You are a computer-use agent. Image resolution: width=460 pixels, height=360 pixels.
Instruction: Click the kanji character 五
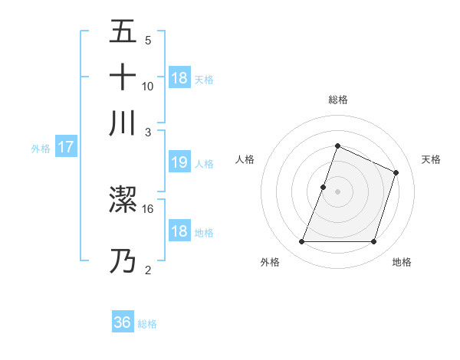click(123, 32)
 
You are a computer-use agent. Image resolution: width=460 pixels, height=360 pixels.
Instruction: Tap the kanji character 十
click(123, 77)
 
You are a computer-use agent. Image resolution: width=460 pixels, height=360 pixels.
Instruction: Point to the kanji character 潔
click(123, 200)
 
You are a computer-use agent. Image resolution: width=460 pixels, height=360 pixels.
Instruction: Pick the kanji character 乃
click(123, 261)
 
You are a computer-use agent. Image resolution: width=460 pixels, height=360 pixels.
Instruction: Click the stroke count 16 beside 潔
click(148, 208)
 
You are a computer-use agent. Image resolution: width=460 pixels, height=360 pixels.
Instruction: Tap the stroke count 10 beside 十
click(148, 86)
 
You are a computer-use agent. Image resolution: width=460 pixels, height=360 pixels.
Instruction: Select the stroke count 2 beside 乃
click(148, 270)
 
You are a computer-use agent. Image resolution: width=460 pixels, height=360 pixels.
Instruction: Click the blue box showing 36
click(123, 322)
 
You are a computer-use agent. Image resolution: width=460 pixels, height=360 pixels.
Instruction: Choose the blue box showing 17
click(65, 147)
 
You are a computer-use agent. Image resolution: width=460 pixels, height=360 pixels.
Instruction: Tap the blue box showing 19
click(179, 162)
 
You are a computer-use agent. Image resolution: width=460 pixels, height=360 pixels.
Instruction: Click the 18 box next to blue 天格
click(179, 78)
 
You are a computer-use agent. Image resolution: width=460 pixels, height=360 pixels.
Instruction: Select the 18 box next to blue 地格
click(179, 231)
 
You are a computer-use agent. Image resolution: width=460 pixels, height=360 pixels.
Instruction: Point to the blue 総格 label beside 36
click(147, 324)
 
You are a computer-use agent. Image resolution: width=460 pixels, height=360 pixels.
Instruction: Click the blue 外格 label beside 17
click(41, 149)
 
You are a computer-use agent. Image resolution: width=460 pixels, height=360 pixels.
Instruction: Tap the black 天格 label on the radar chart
click(431, 159)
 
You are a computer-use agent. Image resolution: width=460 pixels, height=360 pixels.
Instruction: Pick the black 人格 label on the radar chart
click(245, 159)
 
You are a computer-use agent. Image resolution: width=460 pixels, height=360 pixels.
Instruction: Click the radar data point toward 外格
click(301, 242)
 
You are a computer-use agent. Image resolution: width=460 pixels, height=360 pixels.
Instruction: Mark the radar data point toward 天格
click(396, 172)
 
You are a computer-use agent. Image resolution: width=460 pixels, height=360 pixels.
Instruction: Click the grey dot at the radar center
click(337, 191)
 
